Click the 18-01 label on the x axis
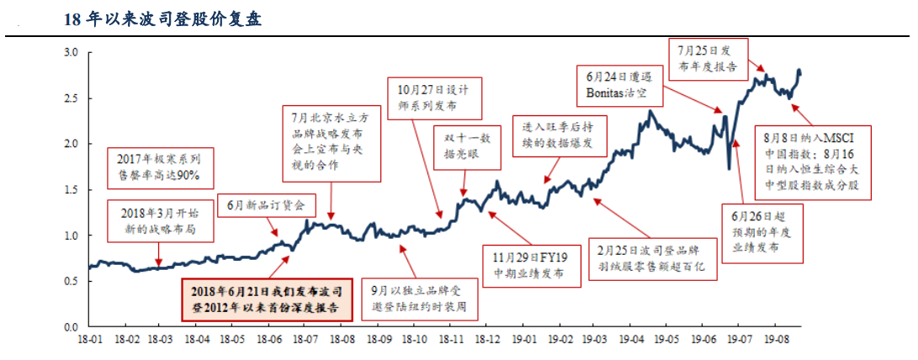(89, 341)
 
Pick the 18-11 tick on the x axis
(451, 341)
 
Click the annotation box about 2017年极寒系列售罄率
(159, 168)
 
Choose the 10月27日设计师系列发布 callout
(434, 98)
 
